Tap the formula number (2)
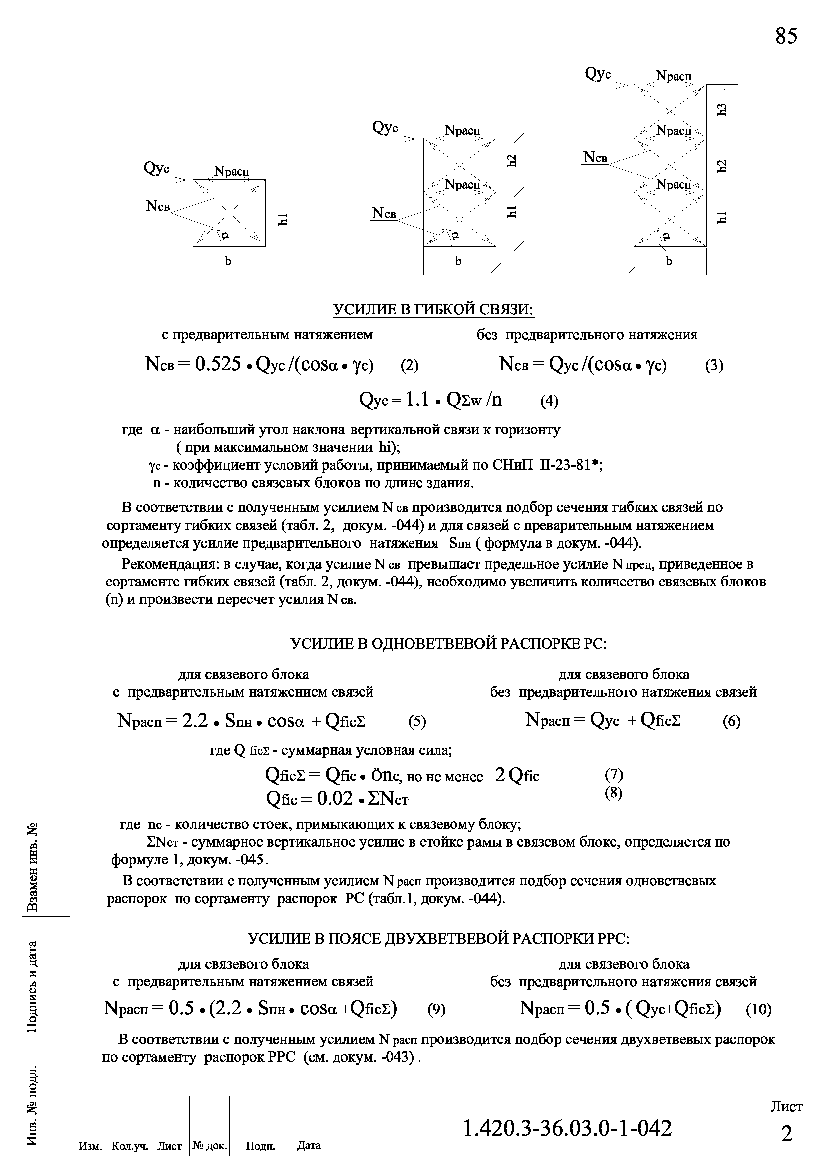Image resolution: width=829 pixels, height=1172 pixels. click(409, 365)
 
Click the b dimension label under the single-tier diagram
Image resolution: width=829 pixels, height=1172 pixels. click(228, 261)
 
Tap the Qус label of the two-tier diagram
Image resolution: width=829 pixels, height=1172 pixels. click(385, 127)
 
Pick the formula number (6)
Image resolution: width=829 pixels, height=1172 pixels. click(731, 721)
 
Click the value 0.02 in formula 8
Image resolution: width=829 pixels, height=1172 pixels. click(335, 799)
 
